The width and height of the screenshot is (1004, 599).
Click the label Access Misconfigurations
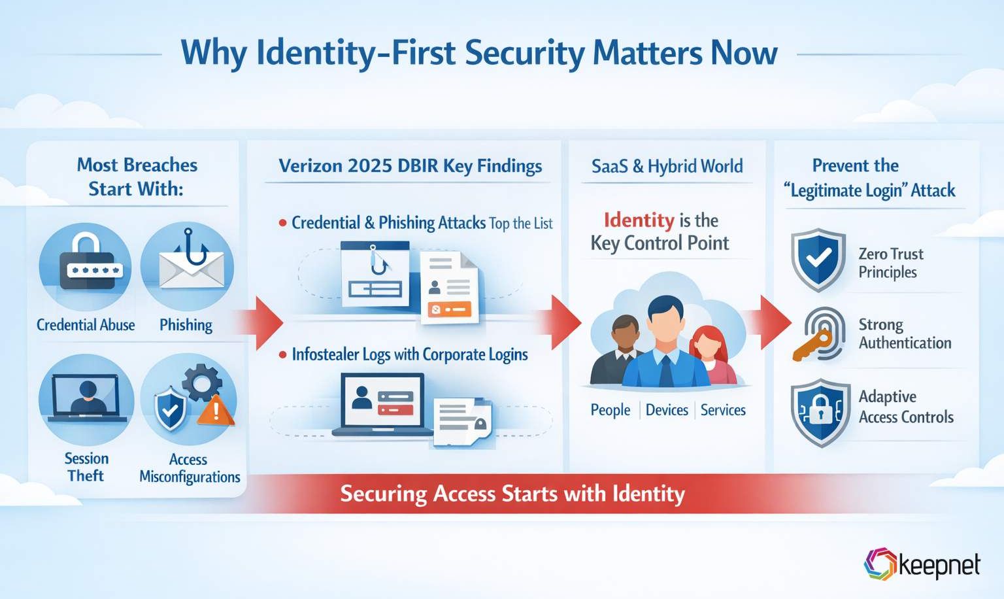coord(190,468)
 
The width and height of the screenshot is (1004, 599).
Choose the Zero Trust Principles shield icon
coord(818,259)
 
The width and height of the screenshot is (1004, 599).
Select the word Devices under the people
coord(667,410)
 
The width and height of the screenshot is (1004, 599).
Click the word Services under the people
coord(723,410)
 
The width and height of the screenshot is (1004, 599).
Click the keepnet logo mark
coord(880,564)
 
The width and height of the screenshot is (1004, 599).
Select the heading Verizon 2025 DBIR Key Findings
coord(410,166)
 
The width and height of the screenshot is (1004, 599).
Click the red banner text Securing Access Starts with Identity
coord(512,493)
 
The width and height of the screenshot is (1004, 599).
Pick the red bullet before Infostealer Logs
coord(282,355)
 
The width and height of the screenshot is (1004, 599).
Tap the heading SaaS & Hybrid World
coord(667,166)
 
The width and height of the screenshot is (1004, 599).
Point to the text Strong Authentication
coord(905,334)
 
